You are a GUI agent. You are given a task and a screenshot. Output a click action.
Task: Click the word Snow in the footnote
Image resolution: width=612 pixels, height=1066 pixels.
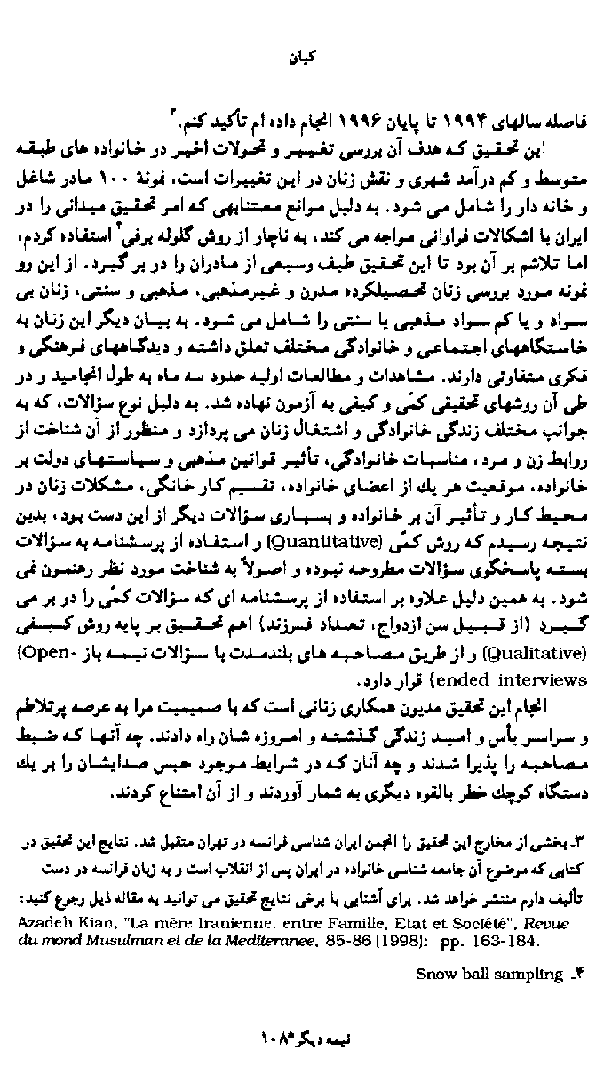433,975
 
